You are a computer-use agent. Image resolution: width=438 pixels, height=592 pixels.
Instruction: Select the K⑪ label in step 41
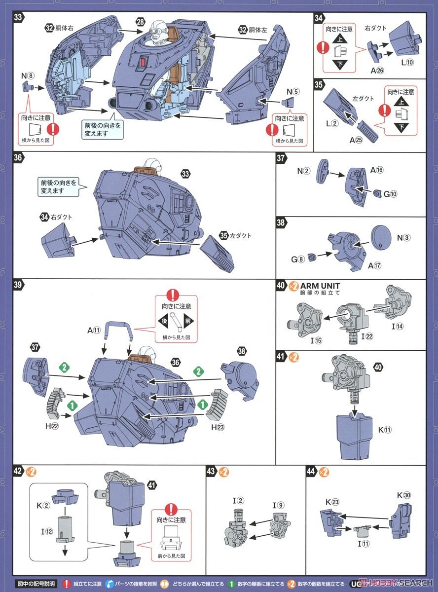pos(384,430)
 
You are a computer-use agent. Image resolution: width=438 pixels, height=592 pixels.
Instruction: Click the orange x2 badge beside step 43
pos(224,472)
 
